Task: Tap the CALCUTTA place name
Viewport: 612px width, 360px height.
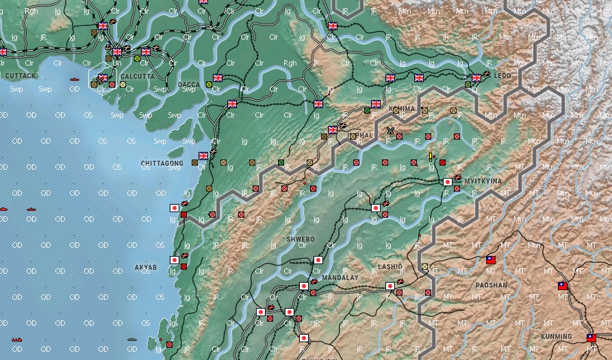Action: click(x=138, y=76)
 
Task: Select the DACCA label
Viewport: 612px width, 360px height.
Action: click(x=189, y=84)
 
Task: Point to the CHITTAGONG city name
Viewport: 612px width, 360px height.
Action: click(x=162, y=164)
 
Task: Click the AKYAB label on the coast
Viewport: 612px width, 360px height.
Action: click(x=146, y=266)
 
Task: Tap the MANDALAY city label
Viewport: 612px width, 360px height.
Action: click(x=340, y=278)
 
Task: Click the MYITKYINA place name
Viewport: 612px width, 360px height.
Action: click(x=483, y=181)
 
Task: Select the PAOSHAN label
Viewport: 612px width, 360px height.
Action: click(x=492, y=284)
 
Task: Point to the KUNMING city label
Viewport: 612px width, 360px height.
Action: click(x=555, y=337)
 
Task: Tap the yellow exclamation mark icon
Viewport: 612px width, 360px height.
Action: click(x=431, y=157)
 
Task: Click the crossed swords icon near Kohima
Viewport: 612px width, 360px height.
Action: click(x=390, y=131)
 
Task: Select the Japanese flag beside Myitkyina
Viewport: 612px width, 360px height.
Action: click(x=448, y=182)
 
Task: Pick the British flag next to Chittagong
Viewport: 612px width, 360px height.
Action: click(x=203, y=156)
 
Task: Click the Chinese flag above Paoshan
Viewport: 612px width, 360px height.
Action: click(x=490, y=260)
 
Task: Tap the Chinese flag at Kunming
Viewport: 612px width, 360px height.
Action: click(x=591, y=337)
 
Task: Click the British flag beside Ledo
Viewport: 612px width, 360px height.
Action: click(x=476, y=77)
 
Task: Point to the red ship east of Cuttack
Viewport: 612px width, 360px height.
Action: click(x=73, y=79)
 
